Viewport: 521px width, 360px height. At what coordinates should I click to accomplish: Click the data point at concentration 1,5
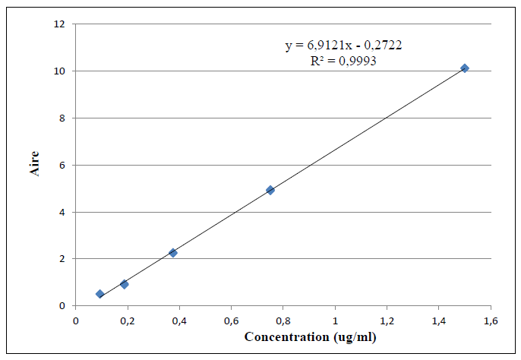(465, 68)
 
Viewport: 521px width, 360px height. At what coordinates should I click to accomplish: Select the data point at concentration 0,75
(270, 190)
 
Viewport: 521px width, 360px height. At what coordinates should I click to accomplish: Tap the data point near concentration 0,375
(173, 252)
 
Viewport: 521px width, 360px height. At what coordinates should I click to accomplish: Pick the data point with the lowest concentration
(99, 294)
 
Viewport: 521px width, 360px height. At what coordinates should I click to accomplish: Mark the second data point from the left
(125, 284)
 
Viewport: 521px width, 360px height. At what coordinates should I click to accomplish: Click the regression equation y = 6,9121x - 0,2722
(343, 46)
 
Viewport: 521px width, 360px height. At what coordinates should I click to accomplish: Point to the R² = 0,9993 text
(343, 61)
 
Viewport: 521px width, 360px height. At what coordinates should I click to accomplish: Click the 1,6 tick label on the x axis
(490, 321)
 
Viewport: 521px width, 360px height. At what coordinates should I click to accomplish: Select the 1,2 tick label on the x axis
(387, 321)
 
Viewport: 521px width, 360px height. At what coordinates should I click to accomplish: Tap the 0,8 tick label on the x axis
(283, 321)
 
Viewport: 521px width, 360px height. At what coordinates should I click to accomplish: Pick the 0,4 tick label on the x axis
(179, 321)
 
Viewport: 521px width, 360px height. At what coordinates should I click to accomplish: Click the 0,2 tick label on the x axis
(128, 321)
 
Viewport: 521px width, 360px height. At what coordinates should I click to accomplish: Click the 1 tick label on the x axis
(335, 321)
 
